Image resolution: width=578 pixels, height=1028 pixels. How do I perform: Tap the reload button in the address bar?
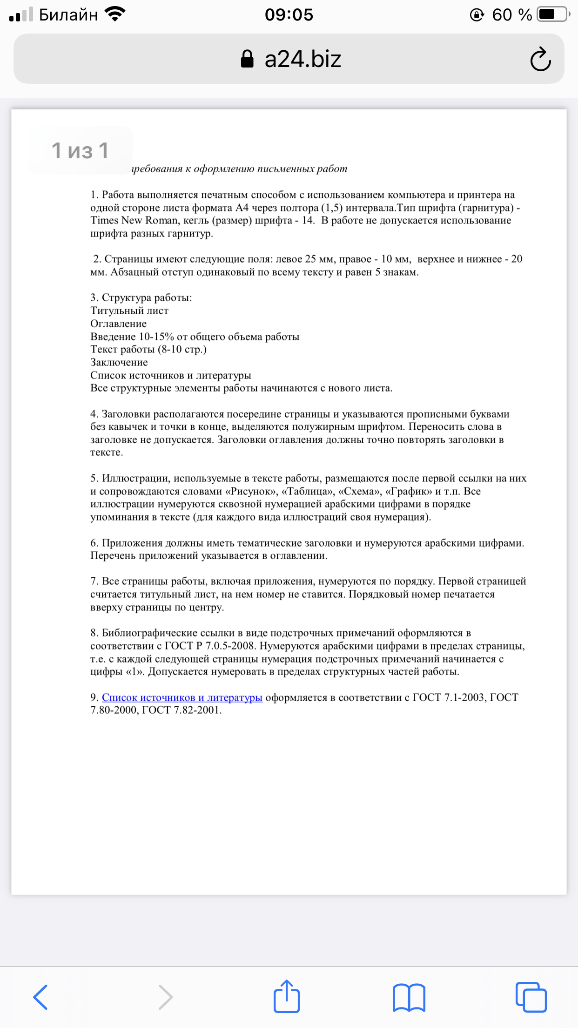coord(540,59)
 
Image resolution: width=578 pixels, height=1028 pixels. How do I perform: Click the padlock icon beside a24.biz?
coord(247,59)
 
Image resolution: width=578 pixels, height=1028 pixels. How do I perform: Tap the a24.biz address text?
coord(302,59)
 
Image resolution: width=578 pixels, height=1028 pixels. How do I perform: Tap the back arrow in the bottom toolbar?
coord(40,997)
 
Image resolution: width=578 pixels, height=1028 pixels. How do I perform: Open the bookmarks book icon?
coord(409,997)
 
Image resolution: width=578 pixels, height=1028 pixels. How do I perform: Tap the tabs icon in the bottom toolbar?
coord(531,997)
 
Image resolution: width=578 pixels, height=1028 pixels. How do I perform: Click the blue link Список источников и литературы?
coord(182,697)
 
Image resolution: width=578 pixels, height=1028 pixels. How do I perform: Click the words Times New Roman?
coord(134,220)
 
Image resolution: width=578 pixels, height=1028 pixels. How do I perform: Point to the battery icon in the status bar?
coord(552,15)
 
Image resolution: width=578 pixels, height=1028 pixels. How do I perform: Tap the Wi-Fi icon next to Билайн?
coord(115,14)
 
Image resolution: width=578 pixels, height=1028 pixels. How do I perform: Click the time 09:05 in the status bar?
coord(289,15)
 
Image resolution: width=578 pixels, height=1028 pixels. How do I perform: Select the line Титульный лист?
coord(129,311)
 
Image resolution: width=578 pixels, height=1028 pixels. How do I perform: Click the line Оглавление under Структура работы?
coord(118,324)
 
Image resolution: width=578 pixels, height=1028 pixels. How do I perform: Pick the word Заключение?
coord(119,362)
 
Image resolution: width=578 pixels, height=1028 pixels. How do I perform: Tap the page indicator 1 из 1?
coord(80,150)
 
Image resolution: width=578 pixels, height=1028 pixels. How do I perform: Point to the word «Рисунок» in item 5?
coord(251,491)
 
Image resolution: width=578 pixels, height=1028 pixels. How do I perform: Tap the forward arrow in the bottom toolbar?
coord(165,997)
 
